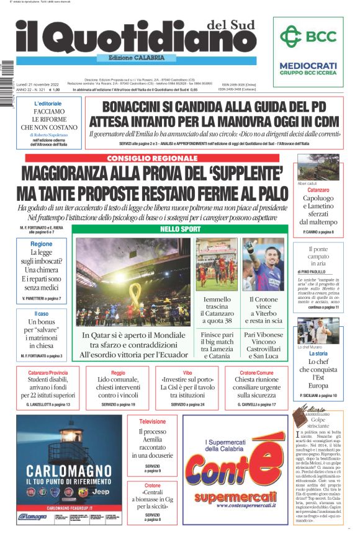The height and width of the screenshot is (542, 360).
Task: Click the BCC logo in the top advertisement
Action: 308,37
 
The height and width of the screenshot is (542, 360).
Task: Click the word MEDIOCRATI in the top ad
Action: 308,66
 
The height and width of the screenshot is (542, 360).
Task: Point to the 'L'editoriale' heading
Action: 48,104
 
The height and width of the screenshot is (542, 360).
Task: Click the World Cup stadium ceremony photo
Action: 133,282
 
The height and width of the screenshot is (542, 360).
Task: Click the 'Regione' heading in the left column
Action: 42,244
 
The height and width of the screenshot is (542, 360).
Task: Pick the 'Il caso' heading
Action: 42,314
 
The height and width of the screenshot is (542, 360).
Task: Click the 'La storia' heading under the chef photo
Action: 319,353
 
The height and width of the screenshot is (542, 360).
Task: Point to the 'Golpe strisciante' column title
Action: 319,423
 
